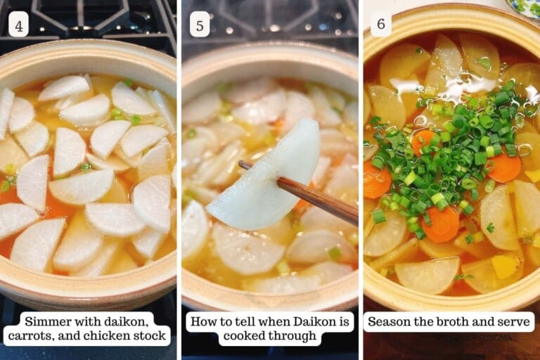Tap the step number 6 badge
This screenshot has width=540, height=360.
380,25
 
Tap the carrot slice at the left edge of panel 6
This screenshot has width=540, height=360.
377,180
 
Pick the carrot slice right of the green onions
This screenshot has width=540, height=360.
505,169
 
